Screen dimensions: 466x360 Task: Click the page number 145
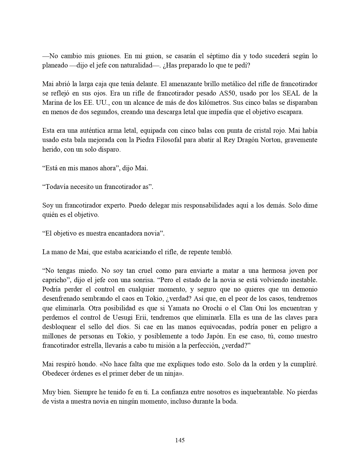(180, 440)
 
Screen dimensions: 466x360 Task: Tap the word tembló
(222, 252)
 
